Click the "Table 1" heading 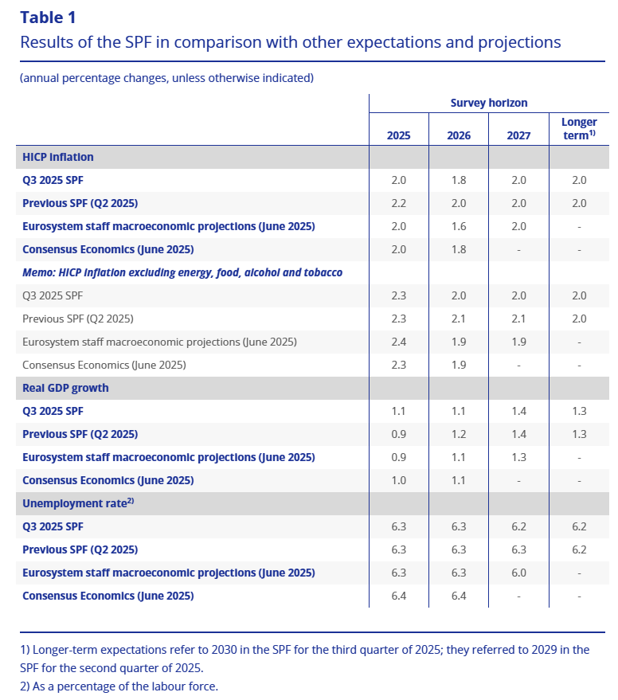49,18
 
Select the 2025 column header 398,135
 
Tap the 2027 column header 518,135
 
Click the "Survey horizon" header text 488,103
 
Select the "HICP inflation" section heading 58,157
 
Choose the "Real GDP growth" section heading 65,388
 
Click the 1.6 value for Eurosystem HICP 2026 459,226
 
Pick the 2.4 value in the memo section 398,342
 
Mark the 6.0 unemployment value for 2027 518,573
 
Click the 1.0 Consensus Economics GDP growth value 398,480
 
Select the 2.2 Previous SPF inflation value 398,203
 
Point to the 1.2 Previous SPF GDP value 459,434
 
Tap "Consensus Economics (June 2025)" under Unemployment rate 108,596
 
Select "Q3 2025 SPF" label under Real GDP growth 53,411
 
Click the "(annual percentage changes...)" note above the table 166,78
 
